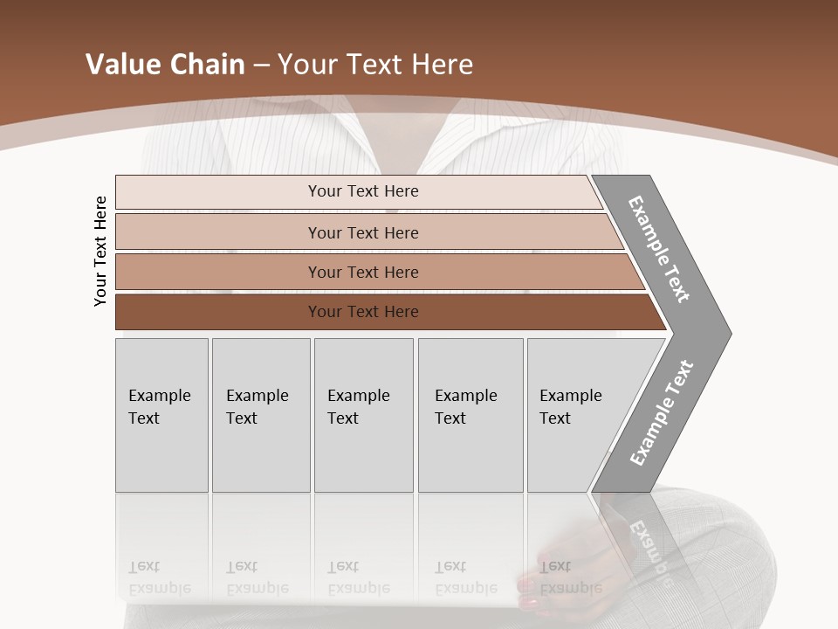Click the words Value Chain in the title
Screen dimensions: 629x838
click(165, 65)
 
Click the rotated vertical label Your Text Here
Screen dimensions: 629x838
click(100, 251)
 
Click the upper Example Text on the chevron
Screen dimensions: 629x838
click(659, 249)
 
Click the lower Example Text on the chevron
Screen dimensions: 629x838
click(662, 413)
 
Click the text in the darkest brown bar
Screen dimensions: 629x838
click(363, 312)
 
